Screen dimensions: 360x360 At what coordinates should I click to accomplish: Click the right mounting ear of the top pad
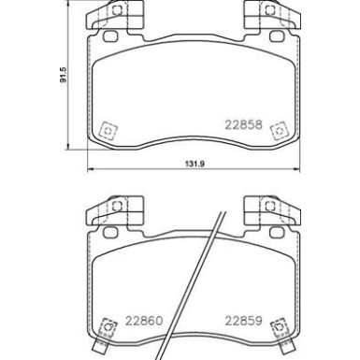(x=262, y=18)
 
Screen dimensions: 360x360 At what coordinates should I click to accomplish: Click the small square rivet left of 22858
(x=108, y=129)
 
